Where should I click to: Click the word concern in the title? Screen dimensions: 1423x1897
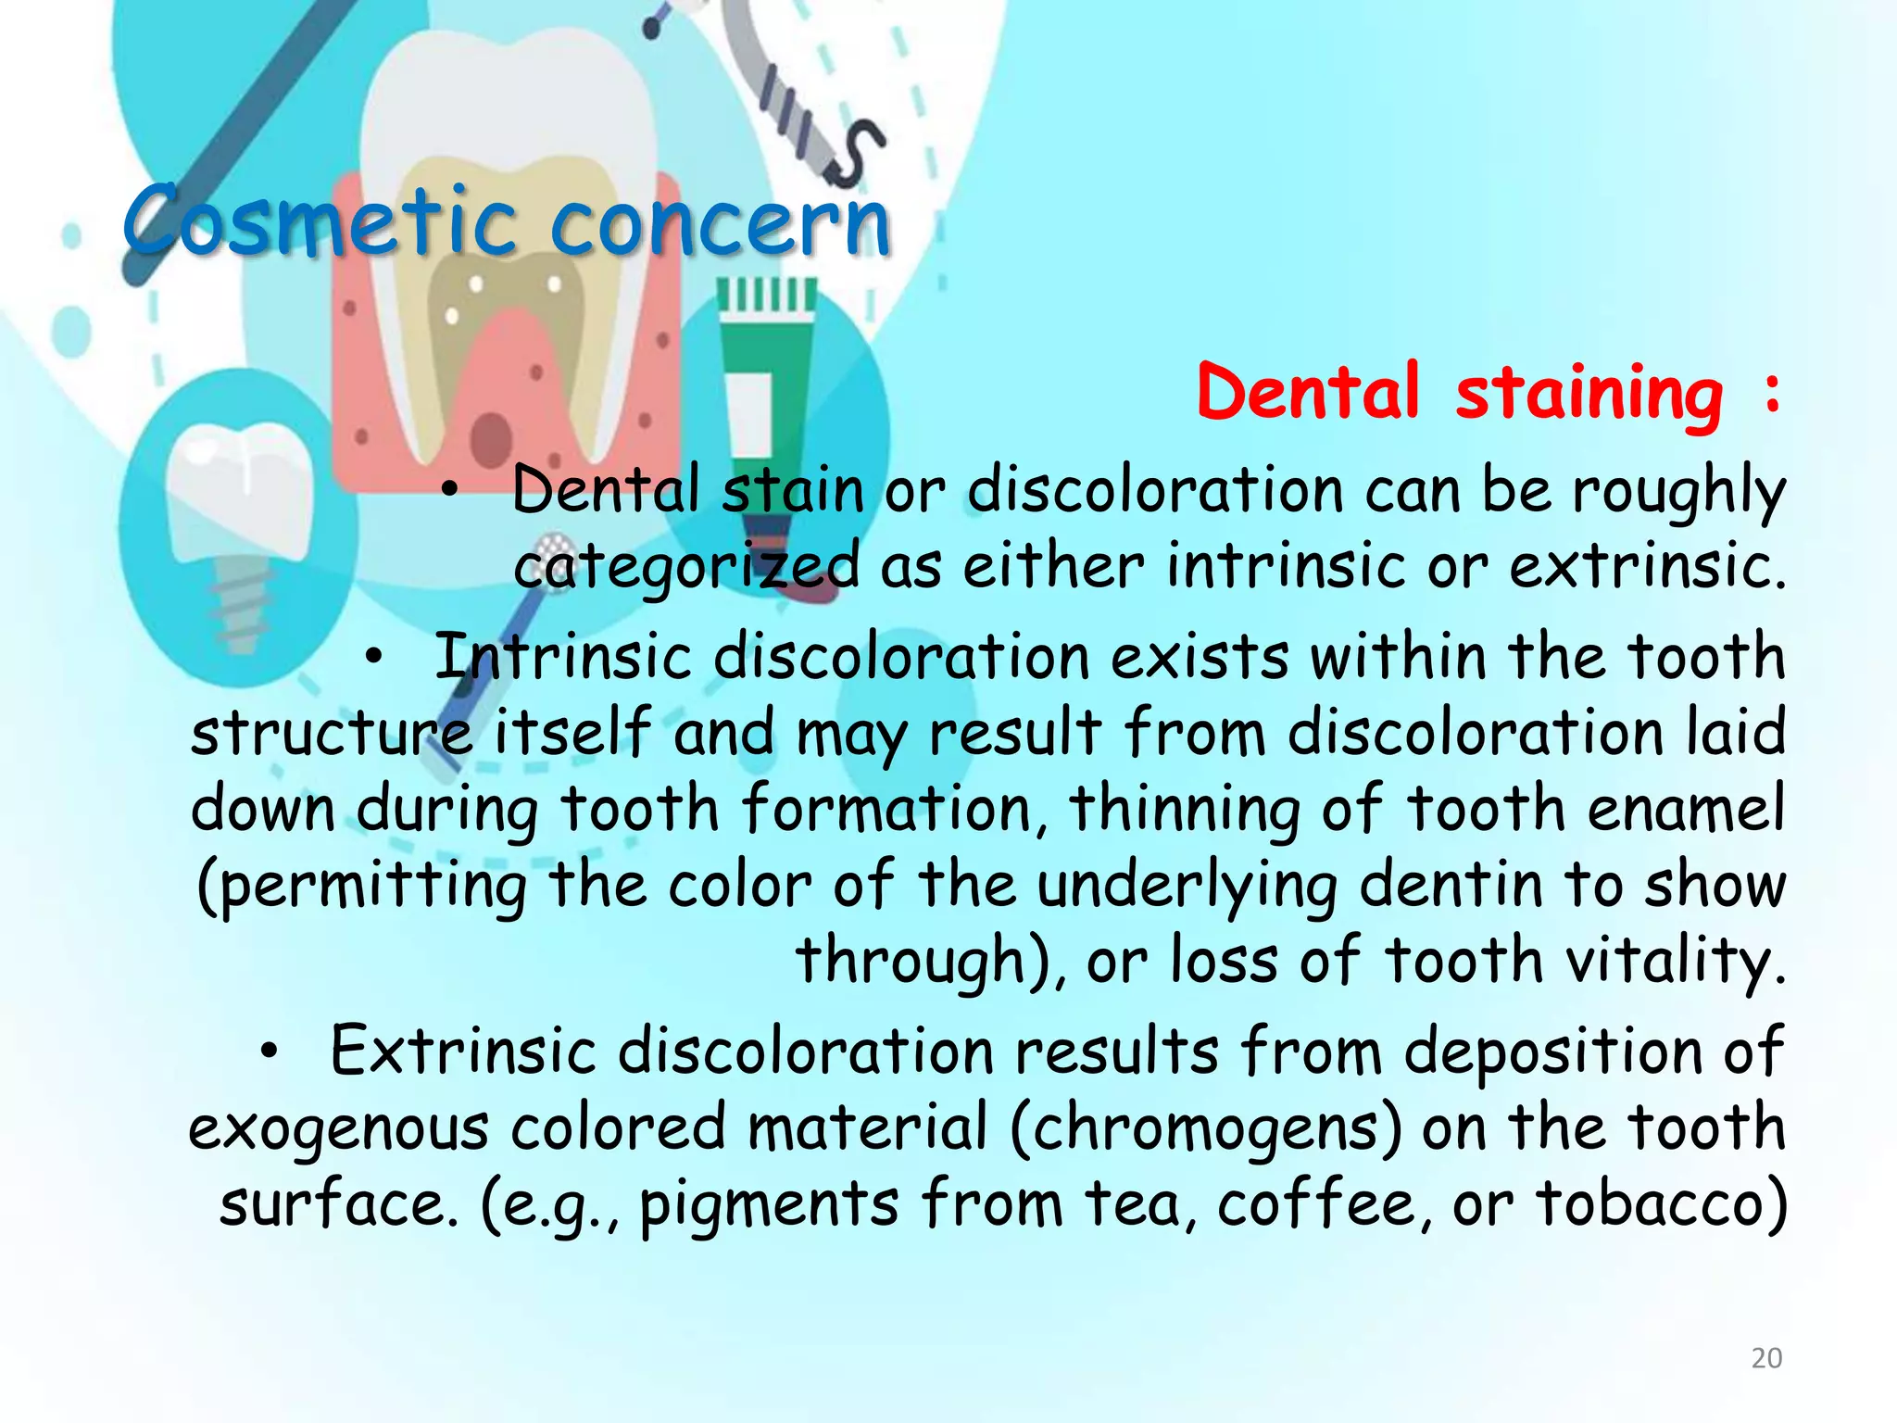[721, 222]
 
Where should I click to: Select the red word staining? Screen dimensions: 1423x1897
[1589, 394]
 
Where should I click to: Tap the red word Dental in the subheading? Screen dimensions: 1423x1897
[1307, 392]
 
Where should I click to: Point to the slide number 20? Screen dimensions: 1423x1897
[1766, 1358]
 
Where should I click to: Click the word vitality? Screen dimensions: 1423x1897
[1672, 961]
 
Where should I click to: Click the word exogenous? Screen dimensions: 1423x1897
[338, 1129]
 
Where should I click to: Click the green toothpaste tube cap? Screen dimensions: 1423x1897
[767, 296]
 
